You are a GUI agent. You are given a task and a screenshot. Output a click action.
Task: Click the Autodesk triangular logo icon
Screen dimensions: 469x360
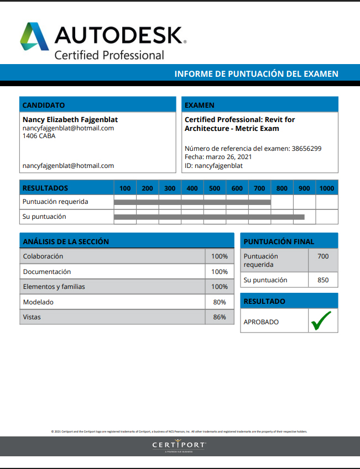pos(34,36)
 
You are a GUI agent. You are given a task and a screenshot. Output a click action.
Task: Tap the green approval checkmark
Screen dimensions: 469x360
pos(321,321)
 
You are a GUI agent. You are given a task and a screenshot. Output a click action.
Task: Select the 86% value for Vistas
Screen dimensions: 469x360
pos(220,317)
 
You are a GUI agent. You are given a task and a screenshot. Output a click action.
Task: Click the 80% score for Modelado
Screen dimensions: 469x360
pos(220,302)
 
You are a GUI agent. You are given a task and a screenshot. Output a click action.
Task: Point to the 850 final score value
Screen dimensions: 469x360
pos(323,280)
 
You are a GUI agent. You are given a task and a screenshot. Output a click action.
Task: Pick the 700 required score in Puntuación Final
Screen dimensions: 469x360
pos(323,256)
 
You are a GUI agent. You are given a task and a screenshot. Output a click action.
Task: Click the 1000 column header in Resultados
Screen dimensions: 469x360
pos(327,188)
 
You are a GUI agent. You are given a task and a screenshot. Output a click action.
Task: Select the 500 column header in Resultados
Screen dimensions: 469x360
pos(215,188)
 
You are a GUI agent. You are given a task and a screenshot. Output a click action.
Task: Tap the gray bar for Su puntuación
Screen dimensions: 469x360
pos(209,217)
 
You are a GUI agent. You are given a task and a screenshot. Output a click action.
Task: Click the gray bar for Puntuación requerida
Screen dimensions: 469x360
pos(192,202)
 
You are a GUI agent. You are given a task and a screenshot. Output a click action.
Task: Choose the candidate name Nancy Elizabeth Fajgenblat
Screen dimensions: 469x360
pos(70,119)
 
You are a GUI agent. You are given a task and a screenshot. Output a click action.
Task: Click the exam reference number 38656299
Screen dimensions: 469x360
pos(306,149)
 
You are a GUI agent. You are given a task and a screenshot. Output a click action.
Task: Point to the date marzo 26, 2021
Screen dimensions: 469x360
pos(228,157)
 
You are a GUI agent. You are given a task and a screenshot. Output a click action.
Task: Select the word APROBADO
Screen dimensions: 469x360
pos(261,322)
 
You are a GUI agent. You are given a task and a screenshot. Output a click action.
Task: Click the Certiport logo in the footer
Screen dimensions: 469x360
pos(179,445)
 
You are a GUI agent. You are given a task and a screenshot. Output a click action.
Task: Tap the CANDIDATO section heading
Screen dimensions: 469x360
pos(44,105)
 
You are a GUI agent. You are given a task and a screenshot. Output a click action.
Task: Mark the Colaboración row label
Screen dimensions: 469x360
pos(43,256)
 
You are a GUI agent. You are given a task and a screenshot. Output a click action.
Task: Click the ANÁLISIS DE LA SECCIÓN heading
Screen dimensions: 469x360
pos(66,241)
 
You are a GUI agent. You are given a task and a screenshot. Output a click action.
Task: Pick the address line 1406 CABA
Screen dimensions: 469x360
pos(39,136)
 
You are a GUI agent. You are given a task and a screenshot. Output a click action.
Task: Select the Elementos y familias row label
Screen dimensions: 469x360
pos(54,287)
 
